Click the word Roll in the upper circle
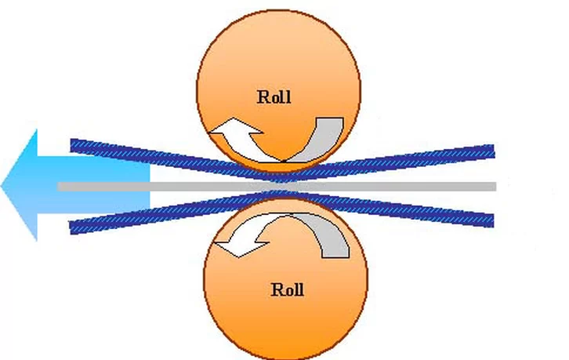274,97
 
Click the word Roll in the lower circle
288,290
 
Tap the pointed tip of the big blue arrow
2,186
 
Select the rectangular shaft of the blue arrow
93,185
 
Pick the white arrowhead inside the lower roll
240,243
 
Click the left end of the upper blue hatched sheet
71,145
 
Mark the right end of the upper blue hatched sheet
494,151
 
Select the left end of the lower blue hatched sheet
71,227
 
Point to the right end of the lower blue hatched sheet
493,221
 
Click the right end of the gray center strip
495,187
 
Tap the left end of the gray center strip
59,187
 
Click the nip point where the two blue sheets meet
283,186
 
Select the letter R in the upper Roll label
263,97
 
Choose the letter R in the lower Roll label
277,290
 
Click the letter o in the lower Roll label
288,292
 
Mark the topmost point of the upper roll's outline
278,10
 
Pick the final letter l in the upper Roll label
288,97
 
